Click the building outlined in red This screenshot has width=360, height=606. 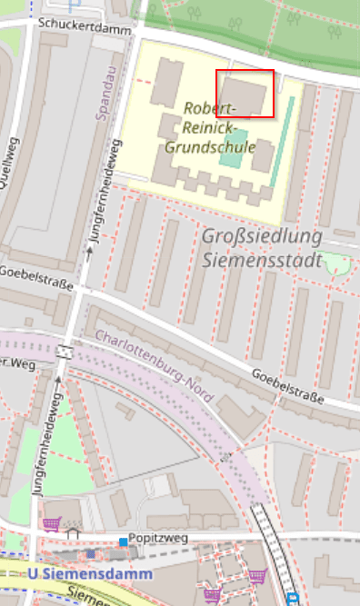point(245,93)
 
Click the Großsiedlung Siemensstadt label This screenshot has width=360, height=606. point(262,249)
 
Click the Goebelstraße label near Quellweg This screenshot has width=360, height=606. point(36,284)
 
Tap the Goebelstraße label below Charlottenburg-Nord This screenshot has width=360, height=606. point(287,384)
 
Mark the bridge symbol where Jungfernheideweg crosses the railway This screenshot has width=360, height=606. point(65,351)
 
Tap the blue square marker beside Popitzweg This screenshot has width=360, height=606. point(123,542)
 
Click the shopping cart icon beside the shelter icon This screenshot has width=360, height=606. point(52,525)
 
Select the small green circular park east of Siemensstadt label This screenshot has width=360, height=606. point(336,265)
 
